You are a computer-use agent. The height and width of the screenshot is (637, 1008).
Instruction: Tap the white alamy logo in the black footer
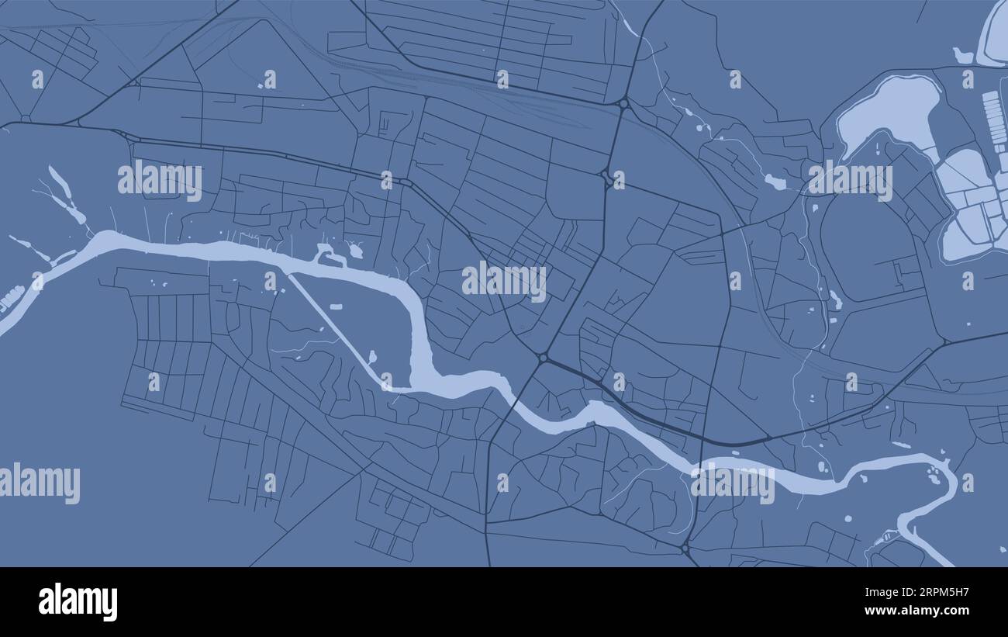click(x=78, y=602)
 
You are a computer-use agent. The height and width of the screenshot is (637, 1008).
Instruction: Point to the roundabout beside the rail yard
click(x=623, y=102)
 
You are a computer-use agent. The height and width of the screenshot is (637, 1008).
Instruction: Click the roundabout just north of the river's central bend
click(x=543, y=358)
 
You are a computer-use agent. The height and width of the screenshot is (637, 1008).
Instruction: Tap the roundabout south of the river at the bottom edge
click(x=685, y=549)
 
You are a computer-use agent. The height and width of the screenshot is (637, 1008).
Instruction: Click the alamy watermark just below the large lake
click(x=850, y=181)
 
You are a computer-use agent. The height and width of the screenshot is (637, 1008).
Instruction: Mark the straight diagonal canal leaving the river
click(x=333, y=326)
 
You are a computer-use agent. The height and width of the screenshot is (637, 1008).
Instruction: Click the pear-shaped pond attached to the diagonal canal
click(x=373, y=358)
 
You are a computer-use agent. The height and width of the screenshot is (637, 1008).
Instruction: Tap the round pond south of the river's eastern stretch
click(x=847, y=518)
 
